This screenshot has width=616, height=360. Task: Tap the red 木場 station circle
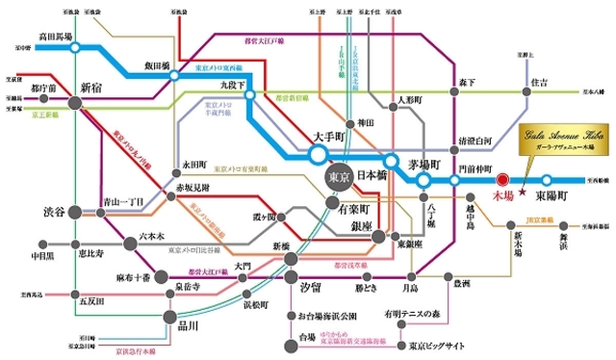pyautogui.click(x=501, y=179)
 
